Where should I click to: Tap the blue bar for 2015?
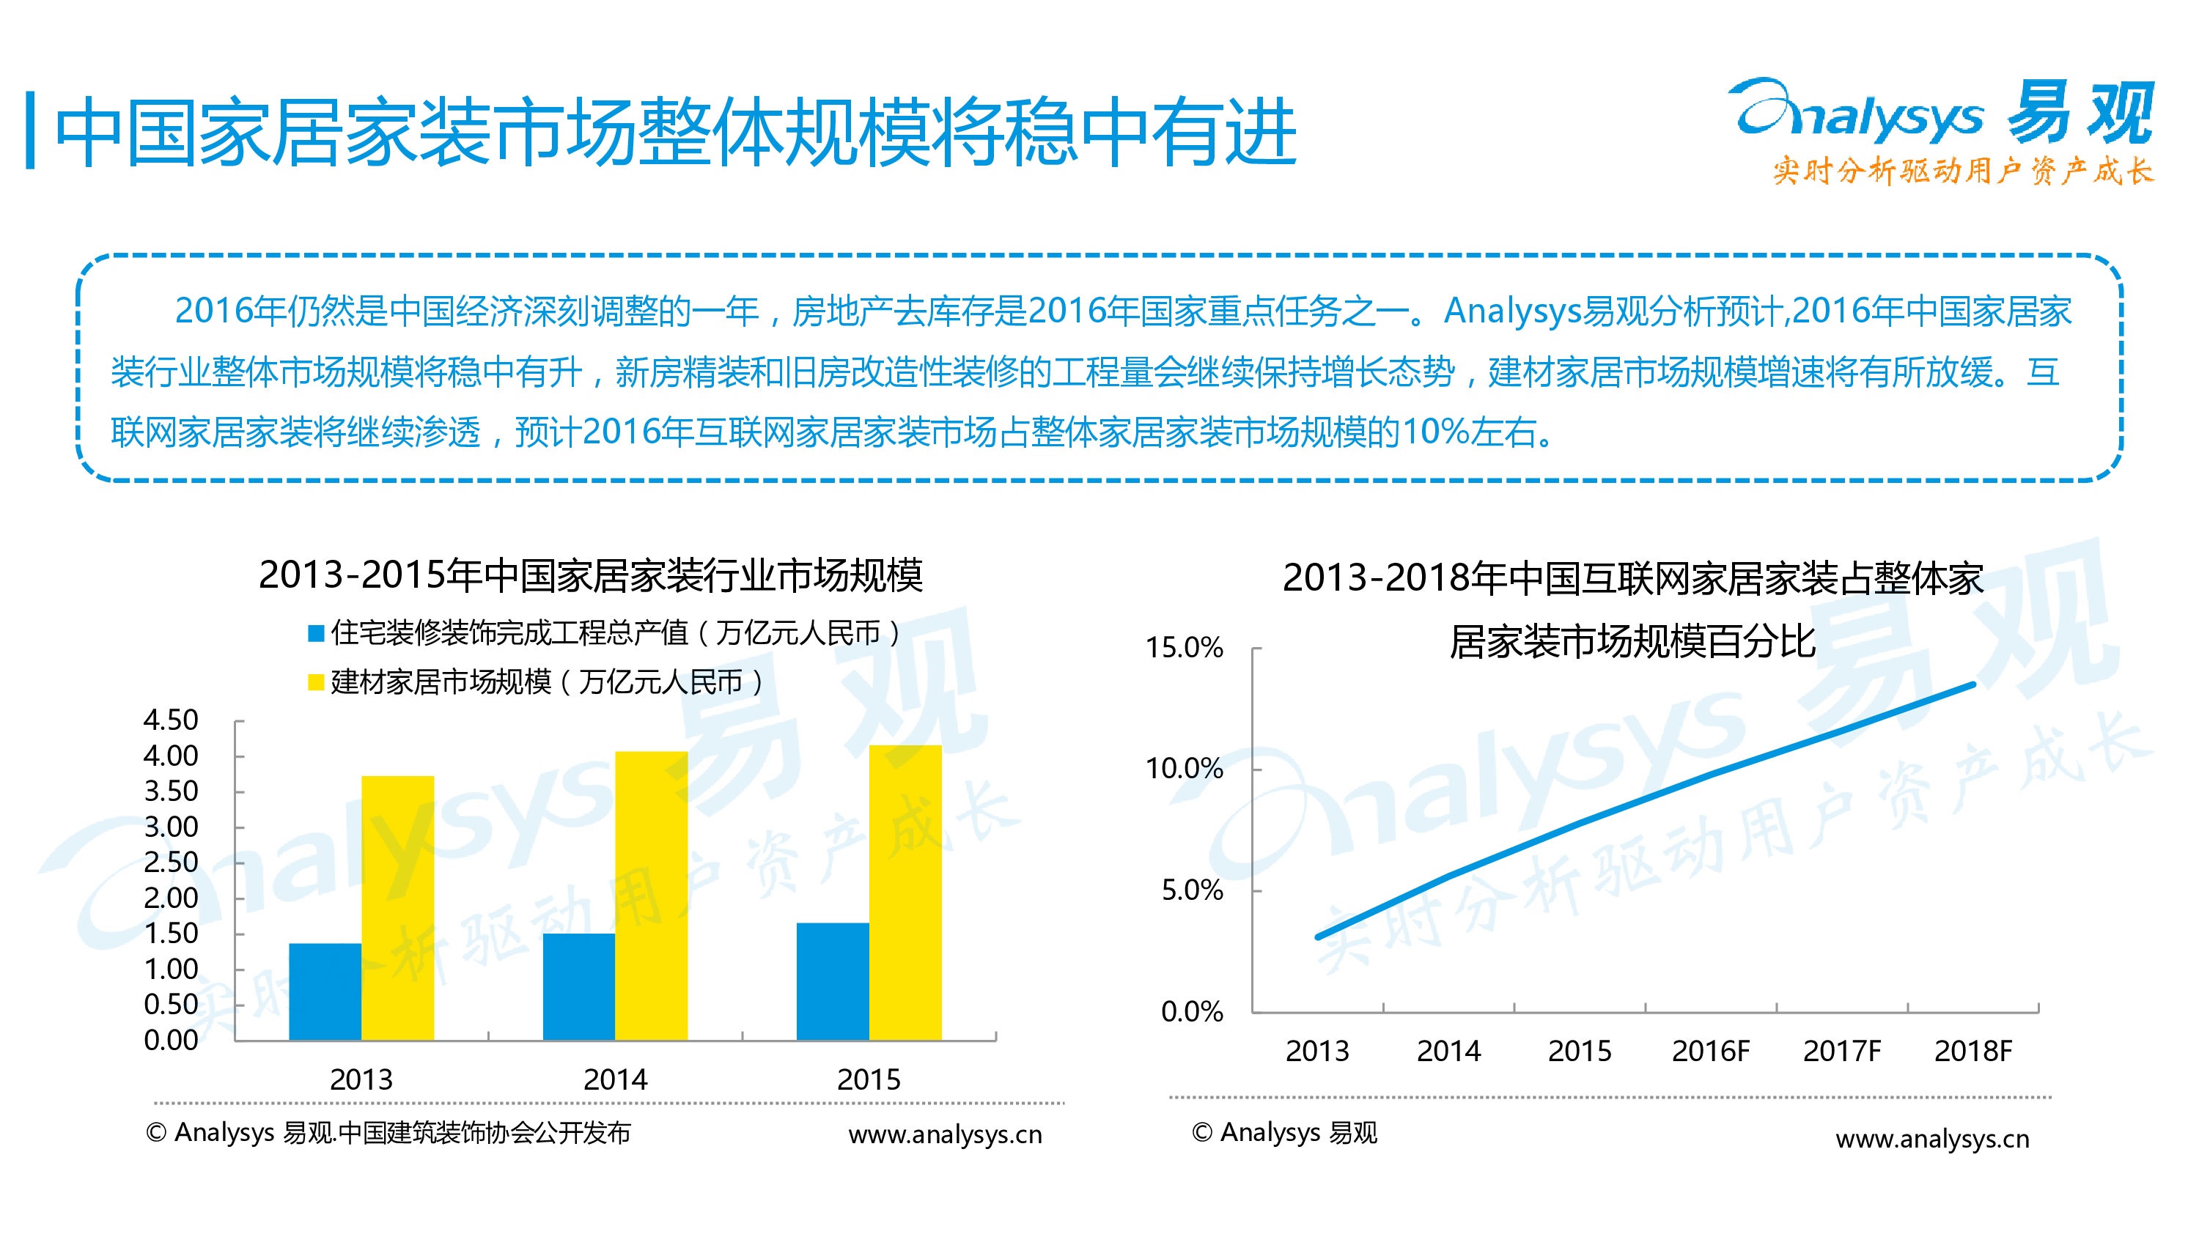pos(832,981)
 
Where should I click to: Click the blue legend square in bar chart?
pos(316,632)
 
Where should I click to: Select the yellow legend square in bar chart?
pos(316,682)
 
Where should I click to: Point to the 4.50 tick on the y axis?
pos(171,720)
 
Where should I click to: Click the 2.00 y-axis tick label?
pos(171,898)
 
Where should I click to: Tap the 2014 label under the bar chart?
pos(615,1080)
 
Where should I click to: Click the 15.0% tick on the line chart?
pos(1184,647)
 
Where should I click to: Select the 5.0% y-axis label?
pos(1192,890)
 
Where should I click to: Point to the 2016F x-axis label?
pos(1710,1051)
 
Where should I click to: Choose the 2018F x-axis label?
pos(1973,1051)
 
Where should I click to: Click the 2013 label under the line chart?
pos(1317,1051)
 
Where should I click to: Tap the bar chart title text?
pos(591,575)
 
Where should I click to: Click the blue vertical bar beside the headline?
pos(31,130)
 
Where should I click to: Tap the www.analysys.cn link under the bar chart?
pos(945,1134)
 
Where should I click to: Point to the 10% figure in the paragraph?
pos(1435,432)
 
